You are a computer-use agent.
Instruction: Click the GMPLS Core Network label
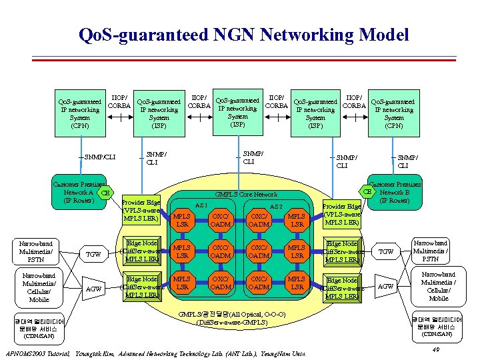click(x=246, y=193)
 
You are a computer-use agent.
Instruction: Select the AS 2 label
click(x=276, y=207)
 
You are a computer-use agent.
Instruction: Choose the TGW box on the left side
click(x=95, y=254)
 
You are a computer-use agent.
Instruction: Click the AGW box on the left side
click(x=95, y=289)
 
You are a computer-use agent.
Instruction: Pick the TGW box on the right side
click(x=386, y=251)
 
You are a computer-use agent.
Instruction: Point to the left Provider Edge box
click(x=141, y=211)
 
